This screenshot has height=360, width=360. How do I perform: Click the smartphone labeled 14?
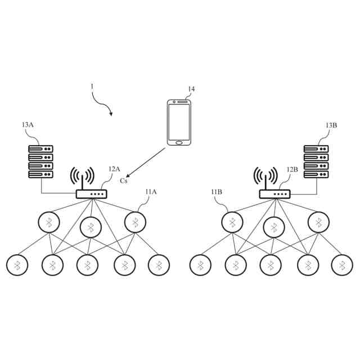point(179,122)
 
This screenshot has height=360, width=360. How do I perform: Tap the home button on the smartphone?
point(179,142)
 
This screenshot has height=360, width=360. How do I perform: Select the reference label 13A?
point(28,125)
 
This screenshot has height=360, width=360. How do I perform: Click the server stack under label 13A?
point(40,162)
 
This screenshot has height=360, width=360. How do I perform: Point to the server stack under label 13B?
point(316,162)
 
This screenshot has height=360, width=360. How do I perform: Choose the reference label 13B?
point(331,125)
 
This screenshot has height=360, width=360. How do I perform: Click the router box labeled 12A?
point(91,194)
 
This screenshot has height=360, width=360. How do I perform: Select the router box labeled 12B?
point(274,194)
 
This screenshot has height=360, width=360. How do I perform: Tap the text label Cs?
point(124,181)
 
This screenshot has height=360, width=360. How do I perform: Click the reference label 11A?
point(151,192)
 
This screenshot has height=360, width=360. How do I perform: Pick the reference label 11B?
point(217,192)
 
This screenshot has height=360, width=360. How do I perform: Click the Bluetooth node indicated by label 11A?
point(135,222)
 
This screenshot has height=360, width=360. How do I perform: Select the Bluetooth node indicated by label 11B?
point(231,222)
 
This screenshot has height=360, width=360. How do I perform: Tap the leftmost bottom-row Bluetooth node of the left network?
point(17,265)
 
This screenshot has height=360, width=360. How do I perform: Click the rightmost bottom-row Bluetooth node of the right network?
point(341,265)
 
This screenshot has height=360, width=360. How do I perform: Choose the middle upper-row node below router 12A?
point(91,227)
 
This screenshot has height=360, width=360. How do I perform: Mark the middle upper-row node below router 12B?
point(274,227)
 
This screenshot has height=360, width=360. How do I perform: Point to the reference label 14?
point(191,89)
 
